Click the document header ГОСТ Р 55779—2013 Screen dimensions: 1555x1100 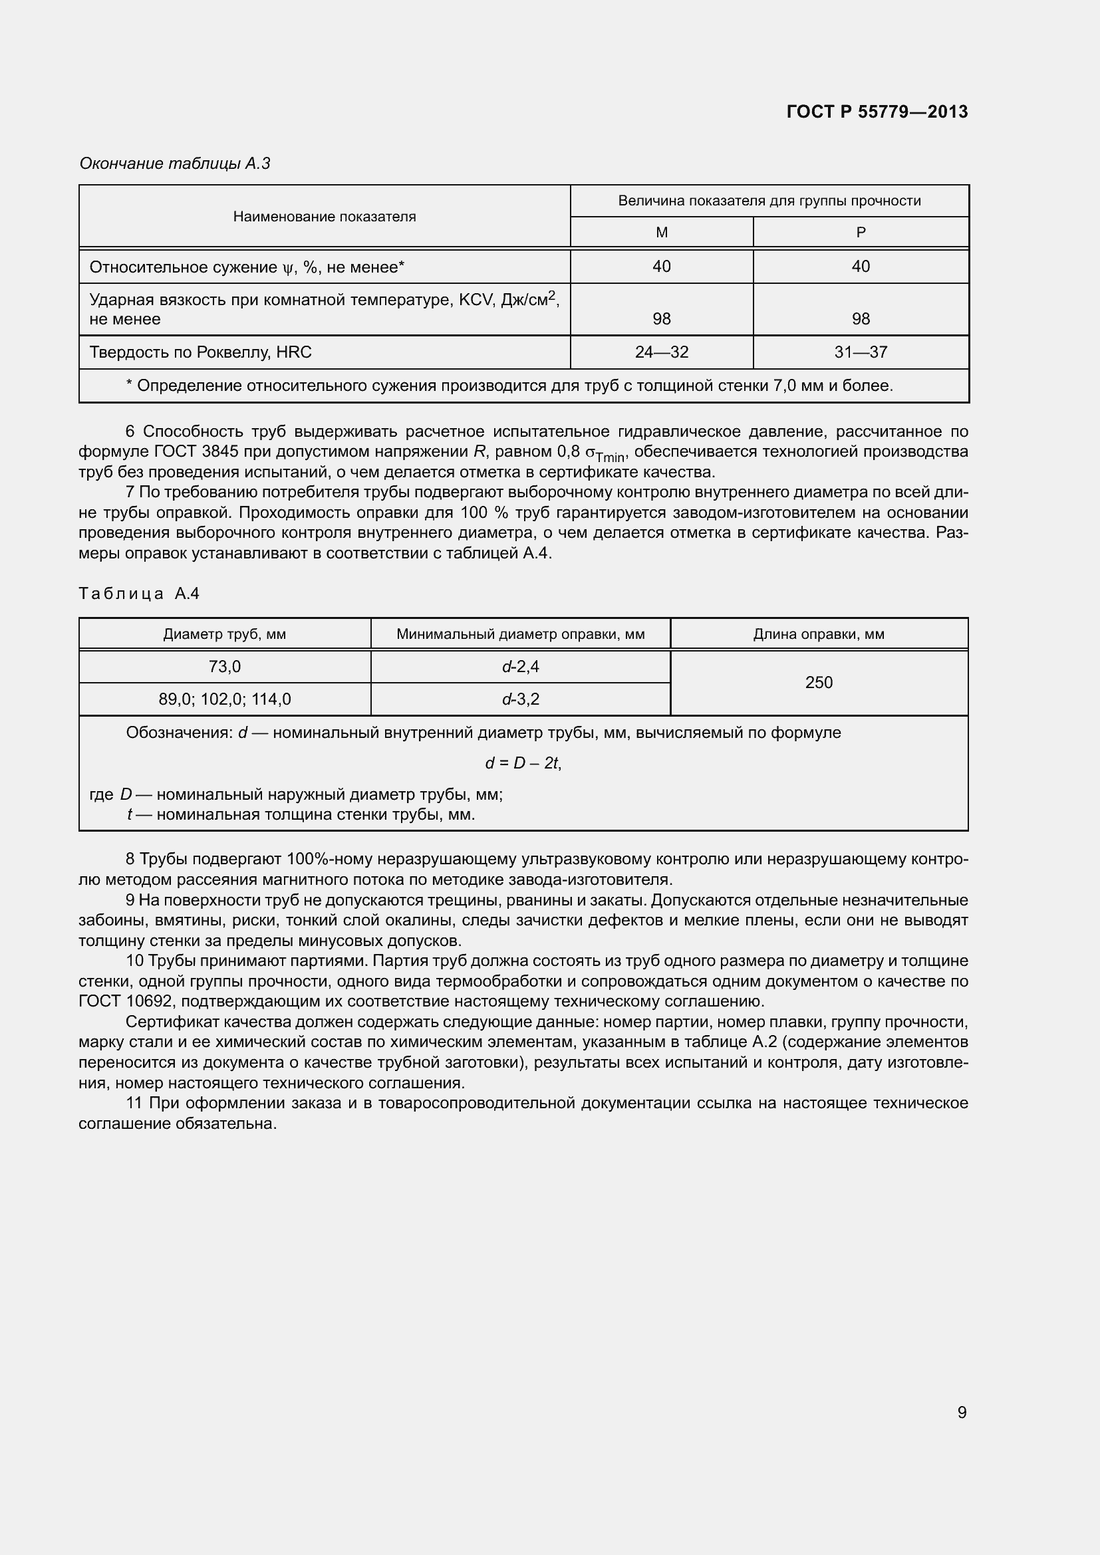coord(877,112)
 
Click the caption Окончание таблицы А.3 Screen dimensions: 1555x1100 coord(175,164)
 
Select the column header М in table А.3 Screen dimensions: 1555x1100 coord(662,232)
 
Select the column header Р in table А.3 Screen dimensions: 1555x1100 coord(860,232)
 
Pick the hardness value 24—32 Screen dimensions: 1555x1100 coord(662,352)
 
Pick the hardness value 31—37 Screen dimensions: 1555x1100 coord(860,352)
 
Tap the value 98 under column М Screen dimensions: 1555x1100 coord(662,318)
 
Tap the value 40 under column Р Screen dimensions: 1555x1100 coord(860,266)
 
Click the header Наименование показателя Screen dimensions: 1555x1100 coord(325,217)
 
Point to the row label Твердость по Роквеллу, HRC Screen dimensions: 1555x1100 coord(200,352)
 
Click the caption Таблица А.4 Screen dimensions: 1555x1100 coord(139,594)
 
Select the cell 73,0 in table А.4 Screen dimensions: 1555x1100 coord(225,667)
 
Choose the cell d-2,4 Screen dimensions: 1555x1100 coord(520,667)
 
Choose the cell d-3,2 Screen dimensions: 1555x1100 coord(520,699)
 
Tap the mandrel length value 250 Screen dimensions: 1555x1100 coord(819,683)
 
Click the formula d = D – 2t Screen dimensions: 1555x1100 coord(523,763)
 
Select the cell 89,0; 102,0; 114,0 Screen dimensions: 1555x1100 coord(225,699)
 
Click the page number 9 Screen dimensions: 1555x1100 coord(962,1412)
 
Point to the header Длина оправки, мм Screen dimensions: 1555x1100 coord(819,635)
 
